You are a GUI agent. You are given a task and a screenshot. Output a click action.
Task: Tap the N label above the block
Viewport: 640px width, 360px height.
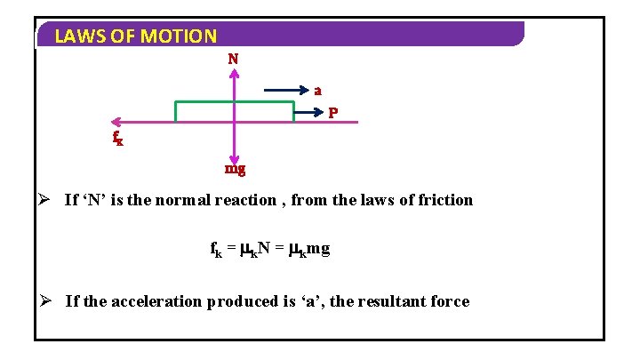point(233,60)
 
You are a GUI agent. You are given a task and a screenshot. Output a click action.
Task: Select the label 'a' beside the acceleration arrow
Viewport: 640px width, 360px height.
point(318,90)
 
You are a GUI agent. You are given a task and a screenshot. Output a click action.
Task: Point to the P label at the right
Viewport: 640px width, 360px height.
point(332,113)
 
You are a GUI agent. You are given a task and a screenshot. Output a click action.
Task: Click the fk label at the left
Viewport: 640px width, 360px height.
point(117,139)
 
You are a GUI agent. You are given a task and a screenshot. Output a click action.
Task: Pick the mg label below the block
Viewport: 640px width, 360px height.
point(235,168)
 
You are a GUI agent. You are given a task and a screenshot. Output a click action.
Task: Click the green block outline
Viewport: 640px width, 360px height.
point(235,102)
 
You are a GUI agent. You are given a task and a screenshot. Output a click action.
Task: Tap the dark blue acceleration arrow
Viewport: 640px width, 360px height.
point(284,90)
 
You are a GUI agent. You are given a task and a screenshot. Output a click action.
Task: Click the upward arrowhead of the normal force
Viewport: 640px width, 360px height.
point(233,75)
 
